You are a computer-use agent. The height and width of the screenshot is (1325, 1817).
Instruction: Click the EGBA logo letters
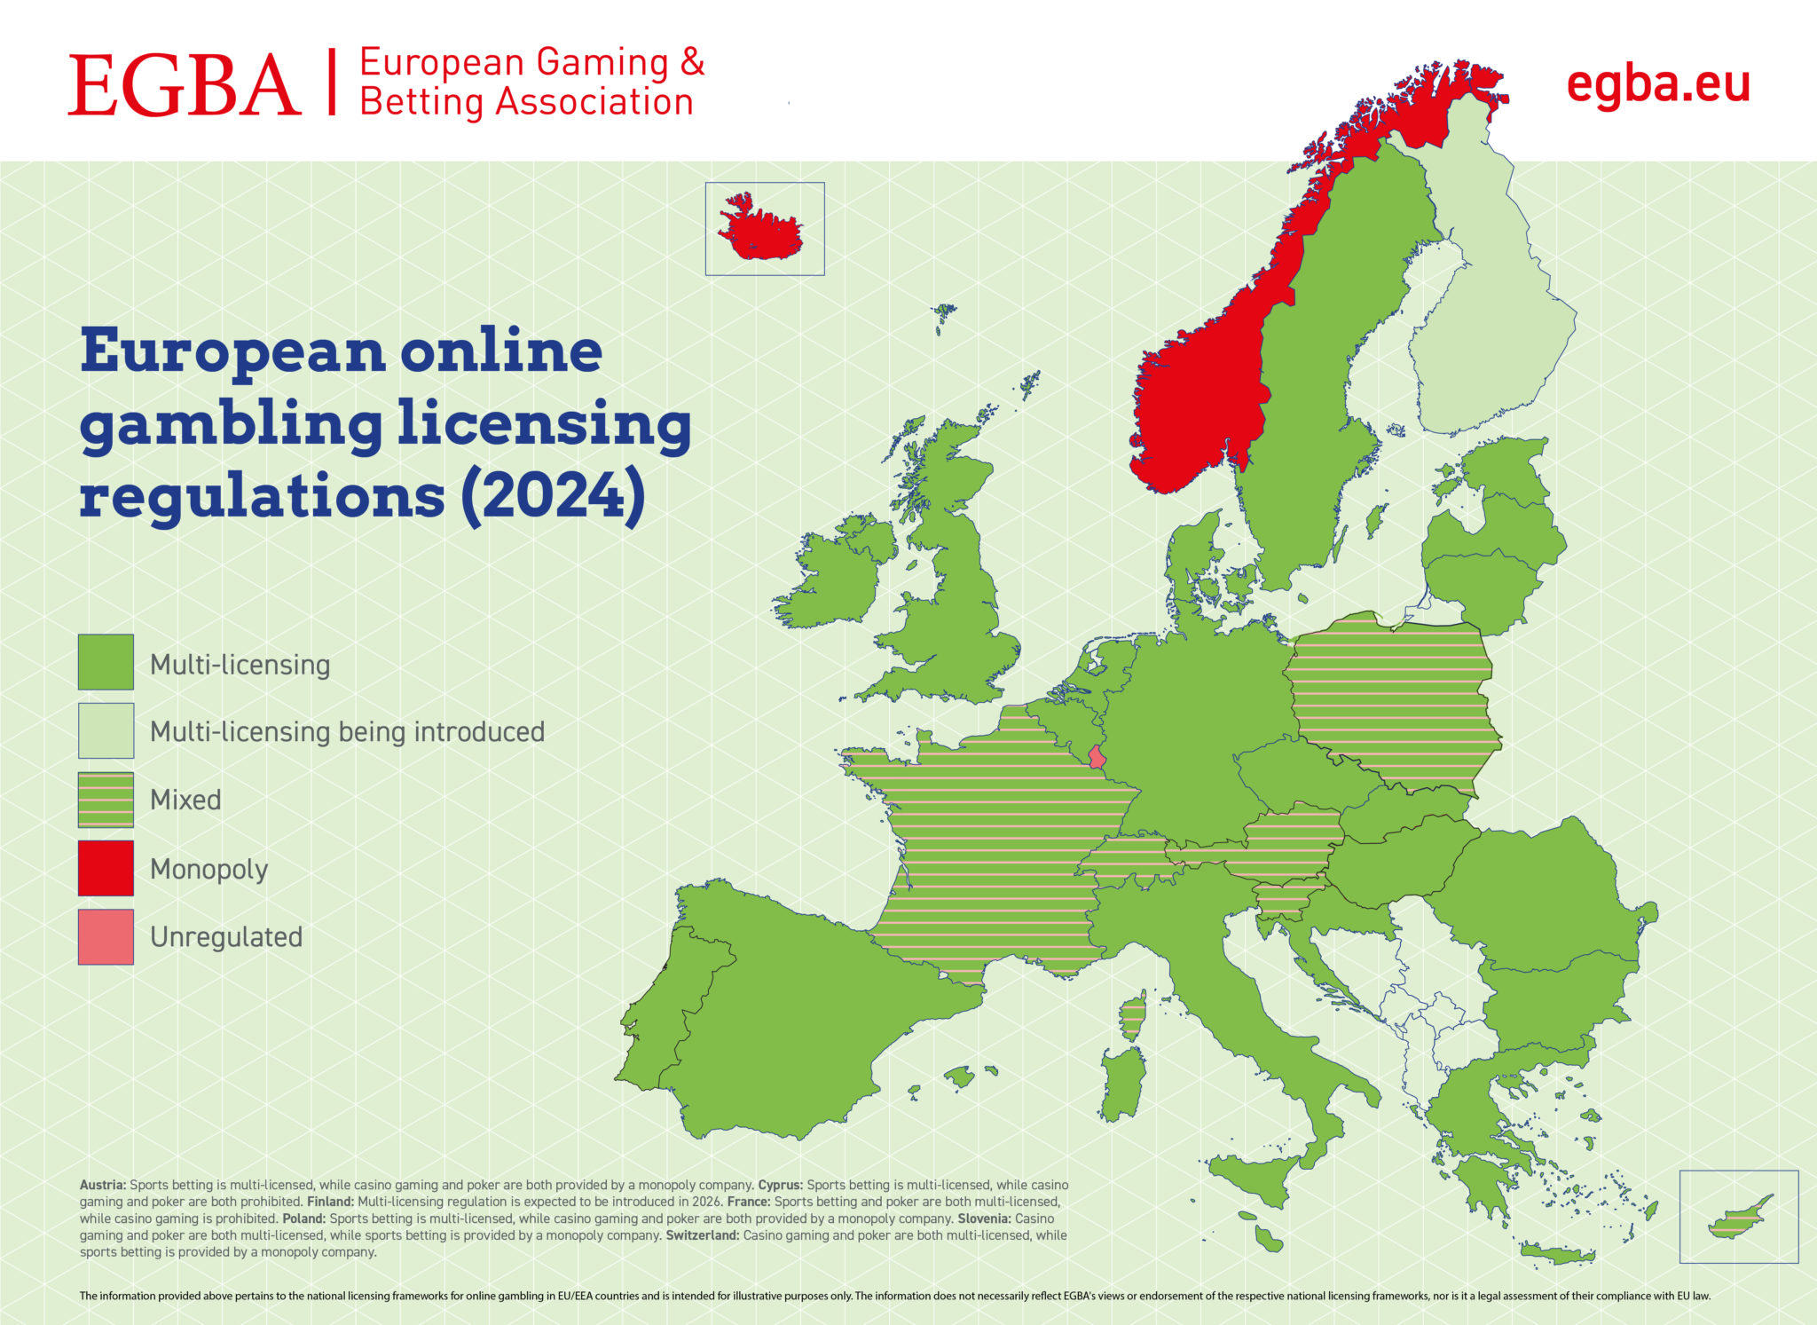click(185, 85)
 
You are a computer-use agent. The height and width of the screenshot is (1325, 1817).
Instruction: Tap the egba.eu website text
click(1657, 85)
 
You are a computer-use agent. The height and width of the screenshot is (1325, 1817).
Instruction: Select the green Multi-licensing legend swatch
click(106, 662)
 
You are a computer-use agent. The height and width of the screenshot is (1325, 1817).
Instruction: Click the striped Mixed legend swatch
click(106, 800)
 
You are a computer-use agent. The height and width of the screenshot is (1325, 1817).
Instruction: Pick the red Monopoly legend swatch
click(106, 868)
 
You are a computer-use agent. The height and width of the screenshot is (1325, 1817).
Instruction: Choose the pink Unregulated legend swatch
click(106, 936)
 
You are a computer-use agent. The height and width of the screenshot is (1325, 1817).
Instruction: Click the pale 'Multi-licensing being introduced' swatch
click(106, 730)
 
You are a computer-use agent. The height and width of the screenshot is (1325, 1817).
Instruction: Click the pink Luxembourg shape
click(1097, 757)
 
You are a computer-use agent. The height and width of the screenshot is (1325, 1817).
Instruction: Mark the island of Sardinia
click(1121, 1083)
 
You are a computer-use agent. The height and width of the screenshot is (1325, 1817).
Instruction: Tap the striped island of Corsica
click(1132, 1016)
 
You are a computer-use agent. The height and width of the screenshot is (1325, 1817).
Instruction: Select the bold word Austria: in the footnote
click(103, 1185)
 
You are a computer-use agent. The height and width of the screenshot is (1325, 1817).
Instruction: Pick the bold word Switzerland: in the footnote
click(702, 1235)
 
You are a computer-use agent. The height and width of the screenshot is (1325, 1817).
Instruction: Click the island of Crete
click(1556, 1255)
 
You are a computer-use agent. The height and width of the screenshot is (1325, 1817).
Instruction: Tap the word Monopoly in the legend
click(208, 869)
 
